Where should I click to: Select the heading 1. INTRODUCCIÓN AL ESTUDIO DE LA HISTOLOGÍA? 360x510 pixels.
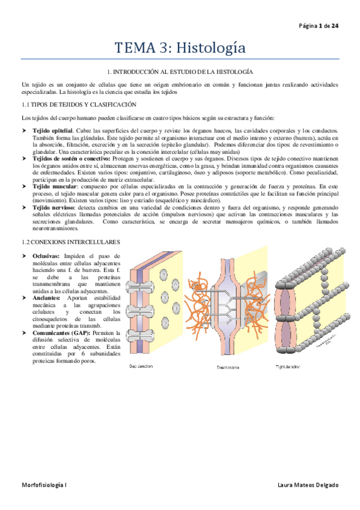click(180, 71)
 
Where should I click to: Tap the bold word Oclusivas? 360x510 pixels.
click(47, 256)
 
